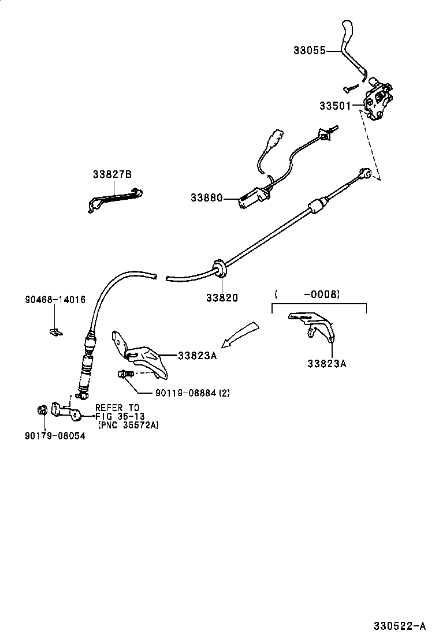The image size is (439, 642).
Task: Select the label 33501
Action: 334,106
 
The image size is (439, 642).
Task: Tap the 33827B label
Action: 112,174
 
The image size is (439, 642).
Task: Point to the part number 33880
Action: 206,198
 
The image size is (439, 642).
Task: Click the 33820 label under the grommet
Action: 222,298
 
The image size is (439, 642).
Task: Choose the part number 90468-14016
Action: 55,300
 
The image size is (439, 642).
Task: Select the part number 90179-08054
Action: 55,436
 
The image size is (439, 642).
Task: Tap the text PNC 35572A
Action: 128,425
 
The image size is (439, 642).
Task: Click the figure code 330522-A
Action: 398,625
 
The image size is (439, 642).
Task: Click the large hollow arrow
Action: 239,334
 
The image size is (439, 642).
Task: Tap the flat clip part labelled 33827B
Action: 115,198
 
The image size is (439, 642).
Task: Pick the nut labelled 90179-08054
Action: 42,410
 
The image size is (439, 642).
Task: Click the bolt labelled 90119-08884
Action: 127,375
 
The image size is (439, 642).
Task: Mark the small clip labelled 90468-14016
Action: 55,331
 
